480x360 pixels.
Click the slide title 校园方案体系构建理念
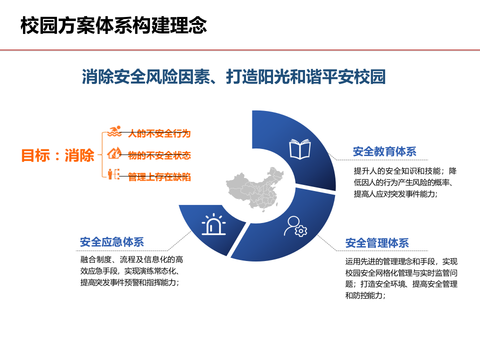[113, 25]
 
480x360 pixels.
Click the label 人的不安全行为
[159, 133]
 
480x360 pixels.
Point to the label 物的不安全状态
[159, 155]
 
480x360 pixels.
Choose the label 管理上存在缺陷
[159, 177]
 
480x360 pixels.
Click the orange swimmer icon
[115, 133]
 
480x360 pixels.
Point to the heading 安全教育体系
[384, 151]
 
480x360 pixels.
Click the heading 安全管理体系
[377, 243]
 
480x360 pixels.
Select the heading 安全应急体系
[112, 242]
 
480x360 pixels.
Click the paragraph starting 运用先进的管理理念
[401, 278]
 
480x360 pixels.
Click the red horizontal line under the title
[240, 50]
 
